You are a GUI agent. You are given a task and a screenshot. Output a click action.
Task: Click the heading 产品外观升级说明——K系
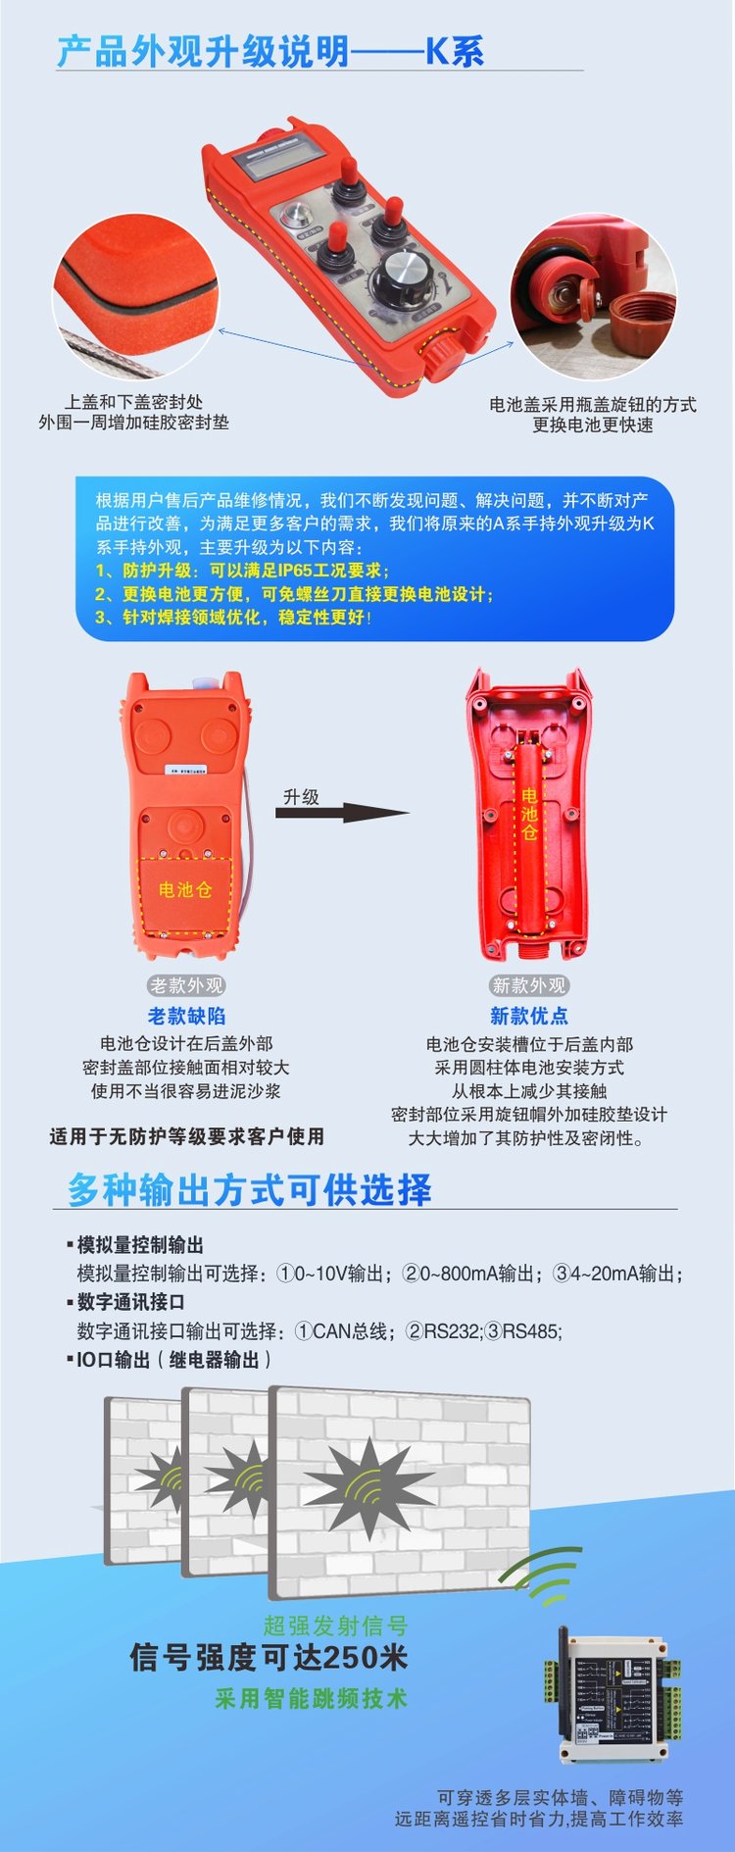[270, 51]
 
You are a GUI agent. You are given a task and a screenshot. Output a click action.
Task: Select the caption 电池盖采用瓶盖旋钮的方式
[593, 404]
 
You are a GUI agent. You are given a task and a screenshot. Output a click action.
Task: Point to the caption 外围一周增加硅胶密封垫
[133, 423]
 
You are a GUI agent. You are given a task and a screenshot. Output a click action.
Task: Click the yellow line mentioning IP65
[242, 571]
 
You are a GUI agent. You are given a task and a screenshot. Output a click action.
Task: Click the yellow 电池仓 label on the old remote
[185, 889]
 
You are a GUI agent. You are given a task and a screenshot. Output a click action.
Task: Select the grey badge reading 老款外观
[186, 985]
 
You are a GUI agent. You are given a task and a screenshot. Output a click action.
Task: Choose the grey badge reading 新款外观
[529, 985]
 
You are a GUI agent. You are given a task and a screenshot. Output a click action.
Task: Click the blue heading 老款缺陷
[186, 1016]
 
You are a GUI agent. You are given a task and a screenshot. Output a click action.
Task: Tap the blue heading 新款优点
[529, 1016]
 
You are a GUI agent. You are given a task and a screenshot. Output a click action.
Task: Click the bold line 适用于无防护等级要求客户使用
[186, 1136]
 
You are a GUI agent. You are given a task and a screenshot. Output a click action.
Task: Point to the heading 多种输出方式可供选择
[249, 1189]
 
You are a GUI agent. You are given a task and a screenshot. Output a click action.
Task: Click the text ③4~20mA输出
[617, 1274]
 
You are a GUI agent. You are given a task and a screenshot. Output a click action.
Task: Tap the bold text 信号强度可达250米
[269, 1657]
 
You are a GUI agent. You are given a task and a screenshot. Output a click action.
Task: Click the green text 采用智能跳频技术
[311, 1699]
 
